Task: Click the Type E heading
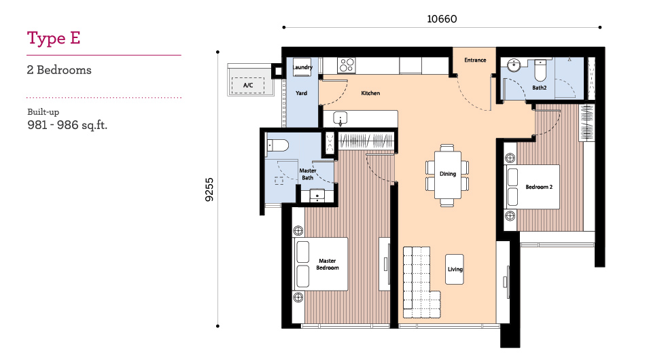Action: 54,38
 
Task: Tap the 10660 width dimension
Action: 442,19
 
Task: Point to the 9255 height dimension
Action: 209,190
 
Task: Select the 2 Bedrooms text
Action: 59,70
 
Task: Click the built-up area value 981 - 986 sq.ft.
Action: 67,125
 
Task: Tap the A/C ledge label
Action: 248,86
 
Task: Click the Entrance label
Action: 475,60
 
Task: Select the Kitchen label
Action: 370,93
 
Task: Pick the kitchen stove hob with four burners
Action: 346,65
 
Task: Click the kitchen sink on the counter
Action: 340,118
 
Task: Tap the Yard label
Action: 301,93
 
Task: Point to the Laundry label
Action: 302,67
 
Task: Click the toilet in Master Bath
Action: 277,146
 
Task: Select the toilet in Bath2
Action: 540,71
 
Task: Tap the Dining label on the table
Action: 448,174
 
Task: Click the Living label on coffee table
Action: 455,269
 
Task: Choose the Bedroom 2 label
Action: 539,187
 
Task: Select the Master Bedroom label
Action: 328,264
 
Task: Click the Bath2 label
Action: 540,88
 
